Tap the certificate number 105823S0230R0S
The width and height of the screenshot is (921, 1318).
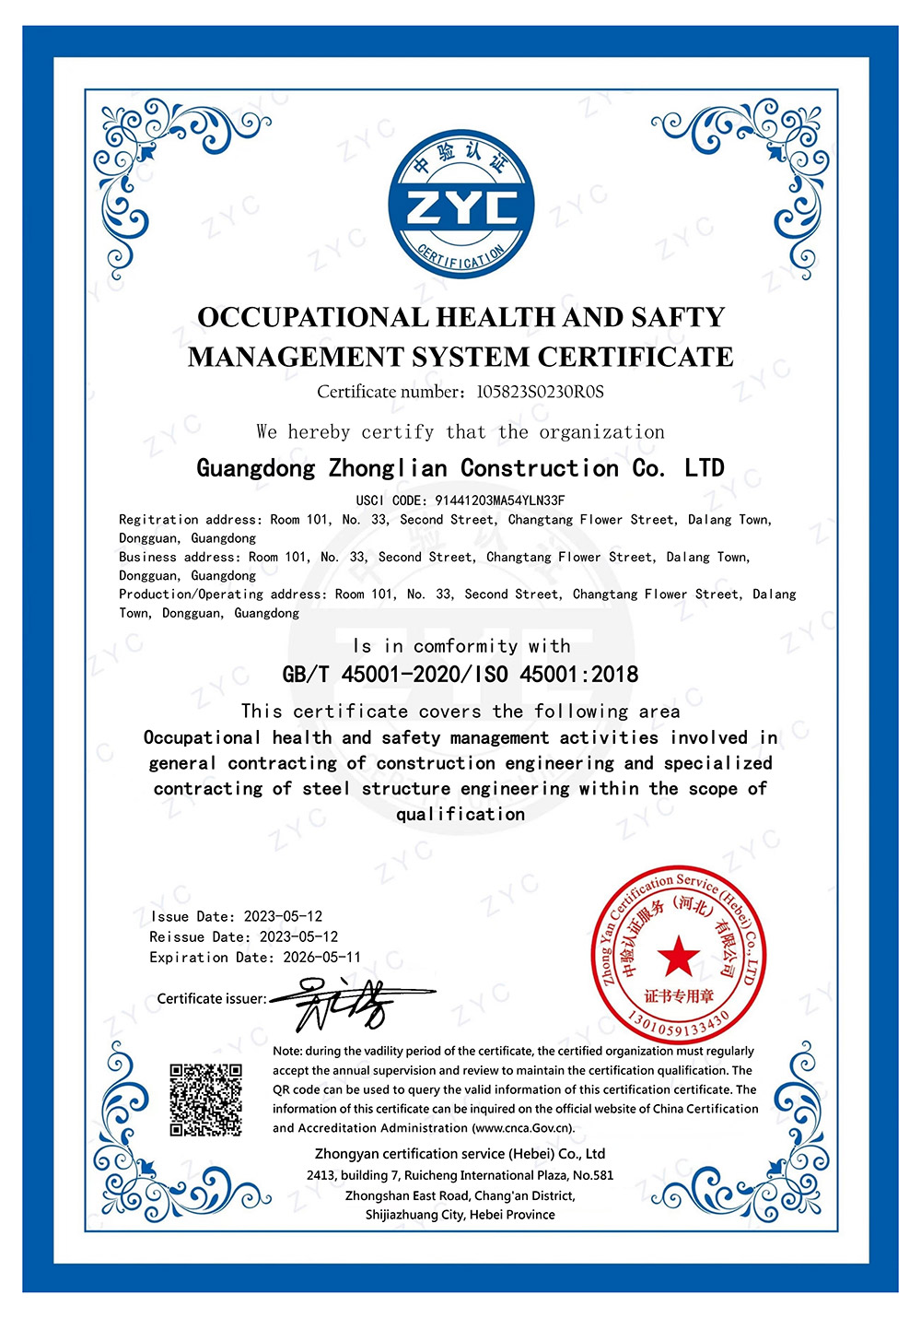point(540,392)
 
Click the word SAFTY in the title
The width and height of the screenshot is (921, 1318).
point(678,317)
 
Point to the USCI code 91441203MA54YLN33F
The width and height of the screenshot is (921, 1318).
point(500,500)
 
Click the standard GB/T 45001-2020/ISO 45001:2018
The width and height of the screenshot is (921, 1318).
point(460,675)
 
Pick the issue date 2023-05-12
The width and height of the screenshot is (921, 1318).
point(283,916)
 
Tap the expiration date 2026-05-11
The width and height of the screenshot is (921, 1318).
point(321,957)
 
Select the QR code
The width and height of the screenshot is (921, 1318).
point(205,1100)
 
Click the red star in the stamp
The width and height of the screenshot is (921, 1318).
point(679,956)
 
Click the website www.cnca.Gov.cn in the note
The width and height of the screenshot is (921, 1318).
point(522,1128)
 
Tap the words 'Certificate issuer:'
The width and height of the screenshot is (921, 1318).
point(211,999)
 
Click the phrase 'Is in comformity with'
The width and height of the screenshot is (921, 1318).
point(460,646)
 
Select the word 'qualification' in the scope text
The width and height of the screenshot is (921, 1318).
point(460,814)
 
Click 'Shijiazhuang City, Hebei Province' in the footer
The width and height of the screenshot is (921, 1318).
point(460,1215)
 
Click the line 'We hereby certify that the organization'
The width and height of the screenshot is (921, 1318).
point(460,432)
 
